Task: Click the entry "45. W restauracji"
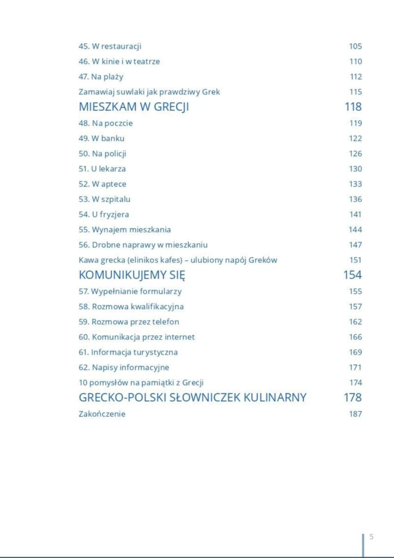point(110,46)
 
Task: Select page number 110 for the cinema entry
point(355,62)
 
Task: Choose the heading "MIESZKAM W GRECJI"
point(133,107)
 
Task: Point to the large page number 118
point(353,107)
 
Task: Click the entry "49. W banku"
point(101,139)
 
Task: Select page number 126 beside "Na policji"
point(355,154)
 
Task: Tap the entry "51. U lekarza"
point(102,169)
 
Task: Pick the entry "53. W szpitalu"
point(104,200)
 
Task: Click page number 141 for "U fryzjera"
point(355,215)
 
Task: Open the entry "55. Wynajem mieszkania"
point(125,230)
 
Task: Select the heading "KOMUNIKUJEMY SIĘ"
point(131,275)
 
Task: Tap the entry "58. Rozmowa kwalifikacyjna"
point(131,307)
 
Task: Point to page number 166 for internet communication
point(355,337)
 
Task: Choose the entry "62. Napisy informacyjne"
point(124,368)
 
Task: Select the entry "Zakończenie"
point(102,414)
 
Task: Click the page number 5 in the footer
point(371,537)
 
